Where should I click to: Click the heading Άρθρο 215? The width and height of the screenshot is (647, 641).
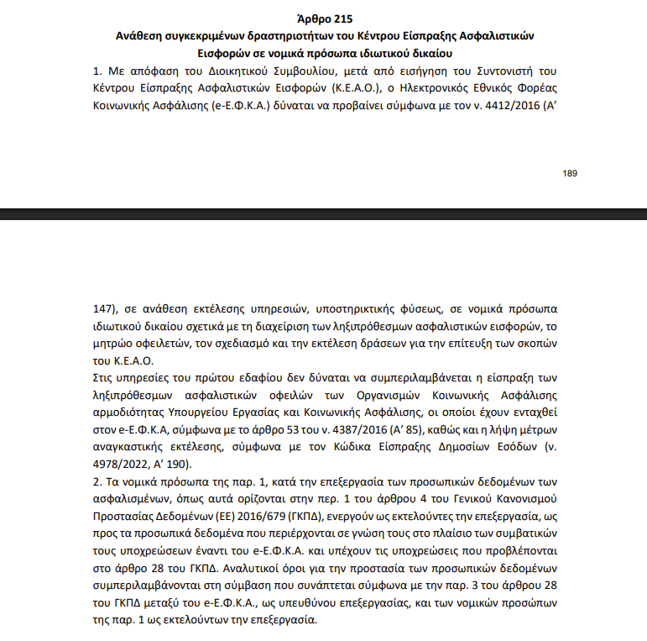click(323, 18)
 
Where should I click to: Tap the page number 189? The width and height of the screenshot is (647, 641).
click(570, 173)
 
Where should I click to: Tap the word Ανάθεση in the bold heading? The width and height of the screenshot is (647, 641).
click(142, 36)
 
